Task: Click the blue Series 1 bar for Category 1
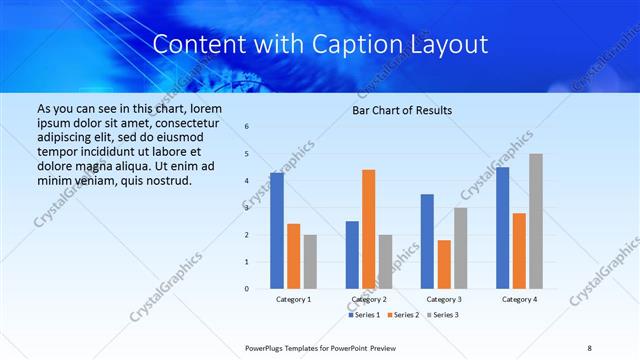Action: [x=277, y=231]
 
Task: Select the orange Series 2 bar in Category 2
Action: [x=368, y=229]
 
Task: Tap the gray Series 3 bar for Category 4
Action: [x=536, y=221]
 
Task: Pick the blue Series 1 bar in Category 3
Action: [x=427, y=241]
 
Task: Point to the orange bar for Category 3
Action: [x=444, y=264]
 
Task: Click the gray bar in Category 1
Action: [x=310, y=262]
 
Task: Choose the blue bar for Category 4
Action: [x=502, y=228]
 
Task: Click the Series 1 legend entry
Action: [x=365, y=315]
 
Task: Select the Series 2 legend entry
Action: [x=403, y=315]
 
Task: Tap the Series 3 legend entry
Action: [x=442, y=315]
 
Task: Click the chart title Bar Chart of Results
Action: [x=402, y=110]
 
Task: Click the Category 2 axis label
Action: [x=368, y=299]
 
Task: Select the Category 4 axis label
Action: [x=519, y=299]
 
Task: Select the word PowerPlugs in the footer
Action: [x=267, y=347]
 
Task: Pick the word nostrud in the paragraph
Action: [x=165, y=180]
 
